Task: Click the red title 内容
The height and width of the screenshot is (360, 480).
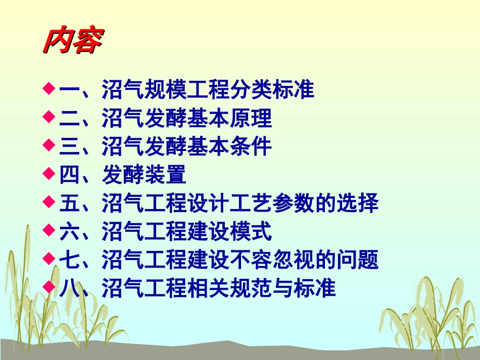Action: click(72, 40)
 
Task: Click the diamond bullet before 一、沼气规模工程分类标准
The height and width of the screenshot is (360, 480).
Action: click(49, 89)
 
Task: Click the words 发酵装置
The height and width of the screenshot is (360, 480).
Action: click(145, 175)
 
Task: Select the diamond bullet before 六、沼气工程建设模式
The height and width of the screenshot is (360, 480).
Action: click(49, 230)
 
